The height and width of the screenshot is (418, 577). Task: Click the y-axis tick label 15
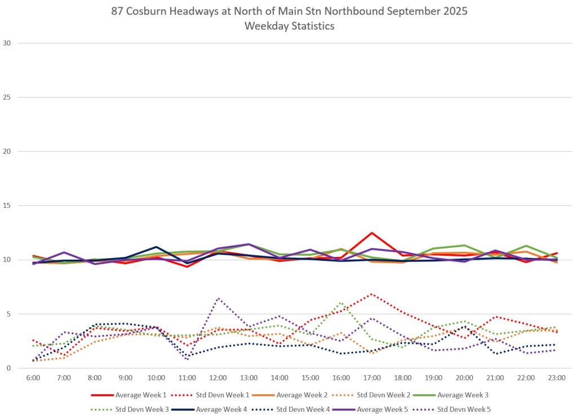click(7, 206)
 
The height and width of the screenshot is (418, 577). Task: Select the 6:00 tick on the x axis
click(33, 378)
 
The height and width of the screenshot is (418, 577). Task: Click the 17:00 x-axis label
click(372, 378)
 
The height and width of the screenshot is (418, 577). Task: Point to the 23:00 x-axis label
click(557, 378)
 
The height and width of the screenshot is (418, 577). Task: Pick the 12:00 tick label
click(218, 378)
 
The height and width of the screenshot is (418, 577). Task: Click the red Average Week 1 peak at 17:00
click(372, 233)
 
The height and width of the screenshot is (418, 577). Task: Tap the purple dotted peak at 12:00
click(218, 299)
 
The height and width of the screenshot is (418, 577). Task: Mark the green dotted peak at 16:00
click(341, 303)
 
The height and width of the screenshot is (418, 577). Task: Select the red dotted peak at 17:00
click(371, 294)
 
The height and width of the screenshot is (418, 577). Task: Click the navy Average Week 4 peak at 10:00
click(157, 247)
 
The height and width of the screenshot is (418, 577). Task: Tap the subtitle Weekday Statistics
click(289, 26)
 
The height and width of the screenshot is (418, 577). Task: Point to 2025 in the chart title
click(455, 12)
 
